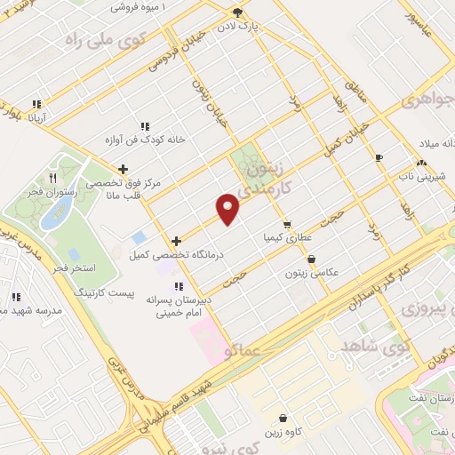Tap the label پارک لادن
click(265, 27)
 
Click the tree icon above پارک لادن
click(237, 12)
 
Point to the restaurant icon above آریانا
click(36, 103)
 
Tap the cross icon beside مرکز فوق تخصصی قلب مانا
click(123, 168)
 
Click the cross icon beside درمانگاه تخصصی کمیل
click(177, 240)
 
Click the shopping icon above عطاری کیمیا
click(286, 224)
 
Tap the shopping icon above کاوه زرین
click(283, 418)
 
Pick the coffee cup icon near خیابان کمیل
click(379, 157)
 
